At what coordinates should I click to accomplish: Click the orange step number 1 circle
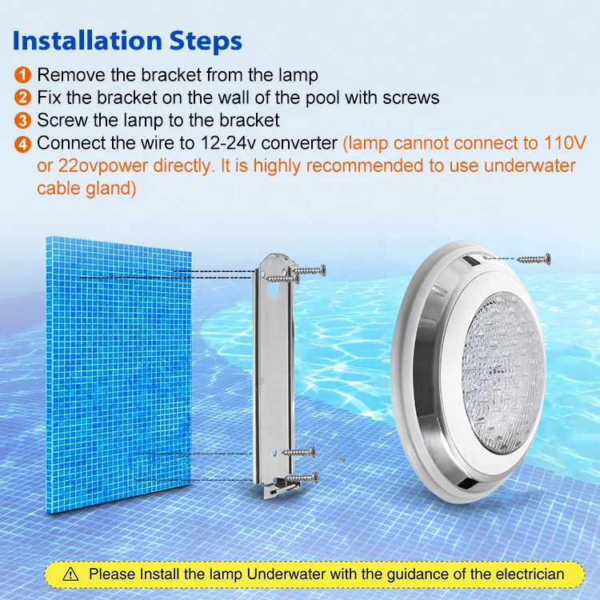[x=22, y=74]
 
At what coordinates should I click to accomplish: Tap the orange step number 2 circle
[x=22, y=98]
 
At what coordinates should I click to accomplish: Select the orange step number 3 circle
[x=22, y=121]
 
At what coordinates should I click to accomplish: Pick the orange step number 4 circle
[x=22, y=144]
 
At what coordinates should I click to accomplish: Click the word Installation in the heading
[x=87, y=41]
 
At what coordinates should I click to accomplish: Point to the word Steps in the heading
[x=206, y=42]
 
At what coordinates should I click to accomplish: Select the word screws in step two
[x=411, y=98]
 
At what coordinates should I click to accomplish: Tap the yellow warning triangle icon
[x=70, y=574]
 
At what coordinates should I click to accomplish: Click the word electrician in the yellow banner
[x=530, y=574]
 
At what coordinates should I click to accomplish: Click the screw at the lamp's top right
[x=534, y=259]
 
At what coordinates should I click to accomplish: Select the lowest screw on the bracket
[x=301, y=478]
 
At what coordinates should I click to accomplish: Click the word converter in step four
[x=299, y=143]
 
